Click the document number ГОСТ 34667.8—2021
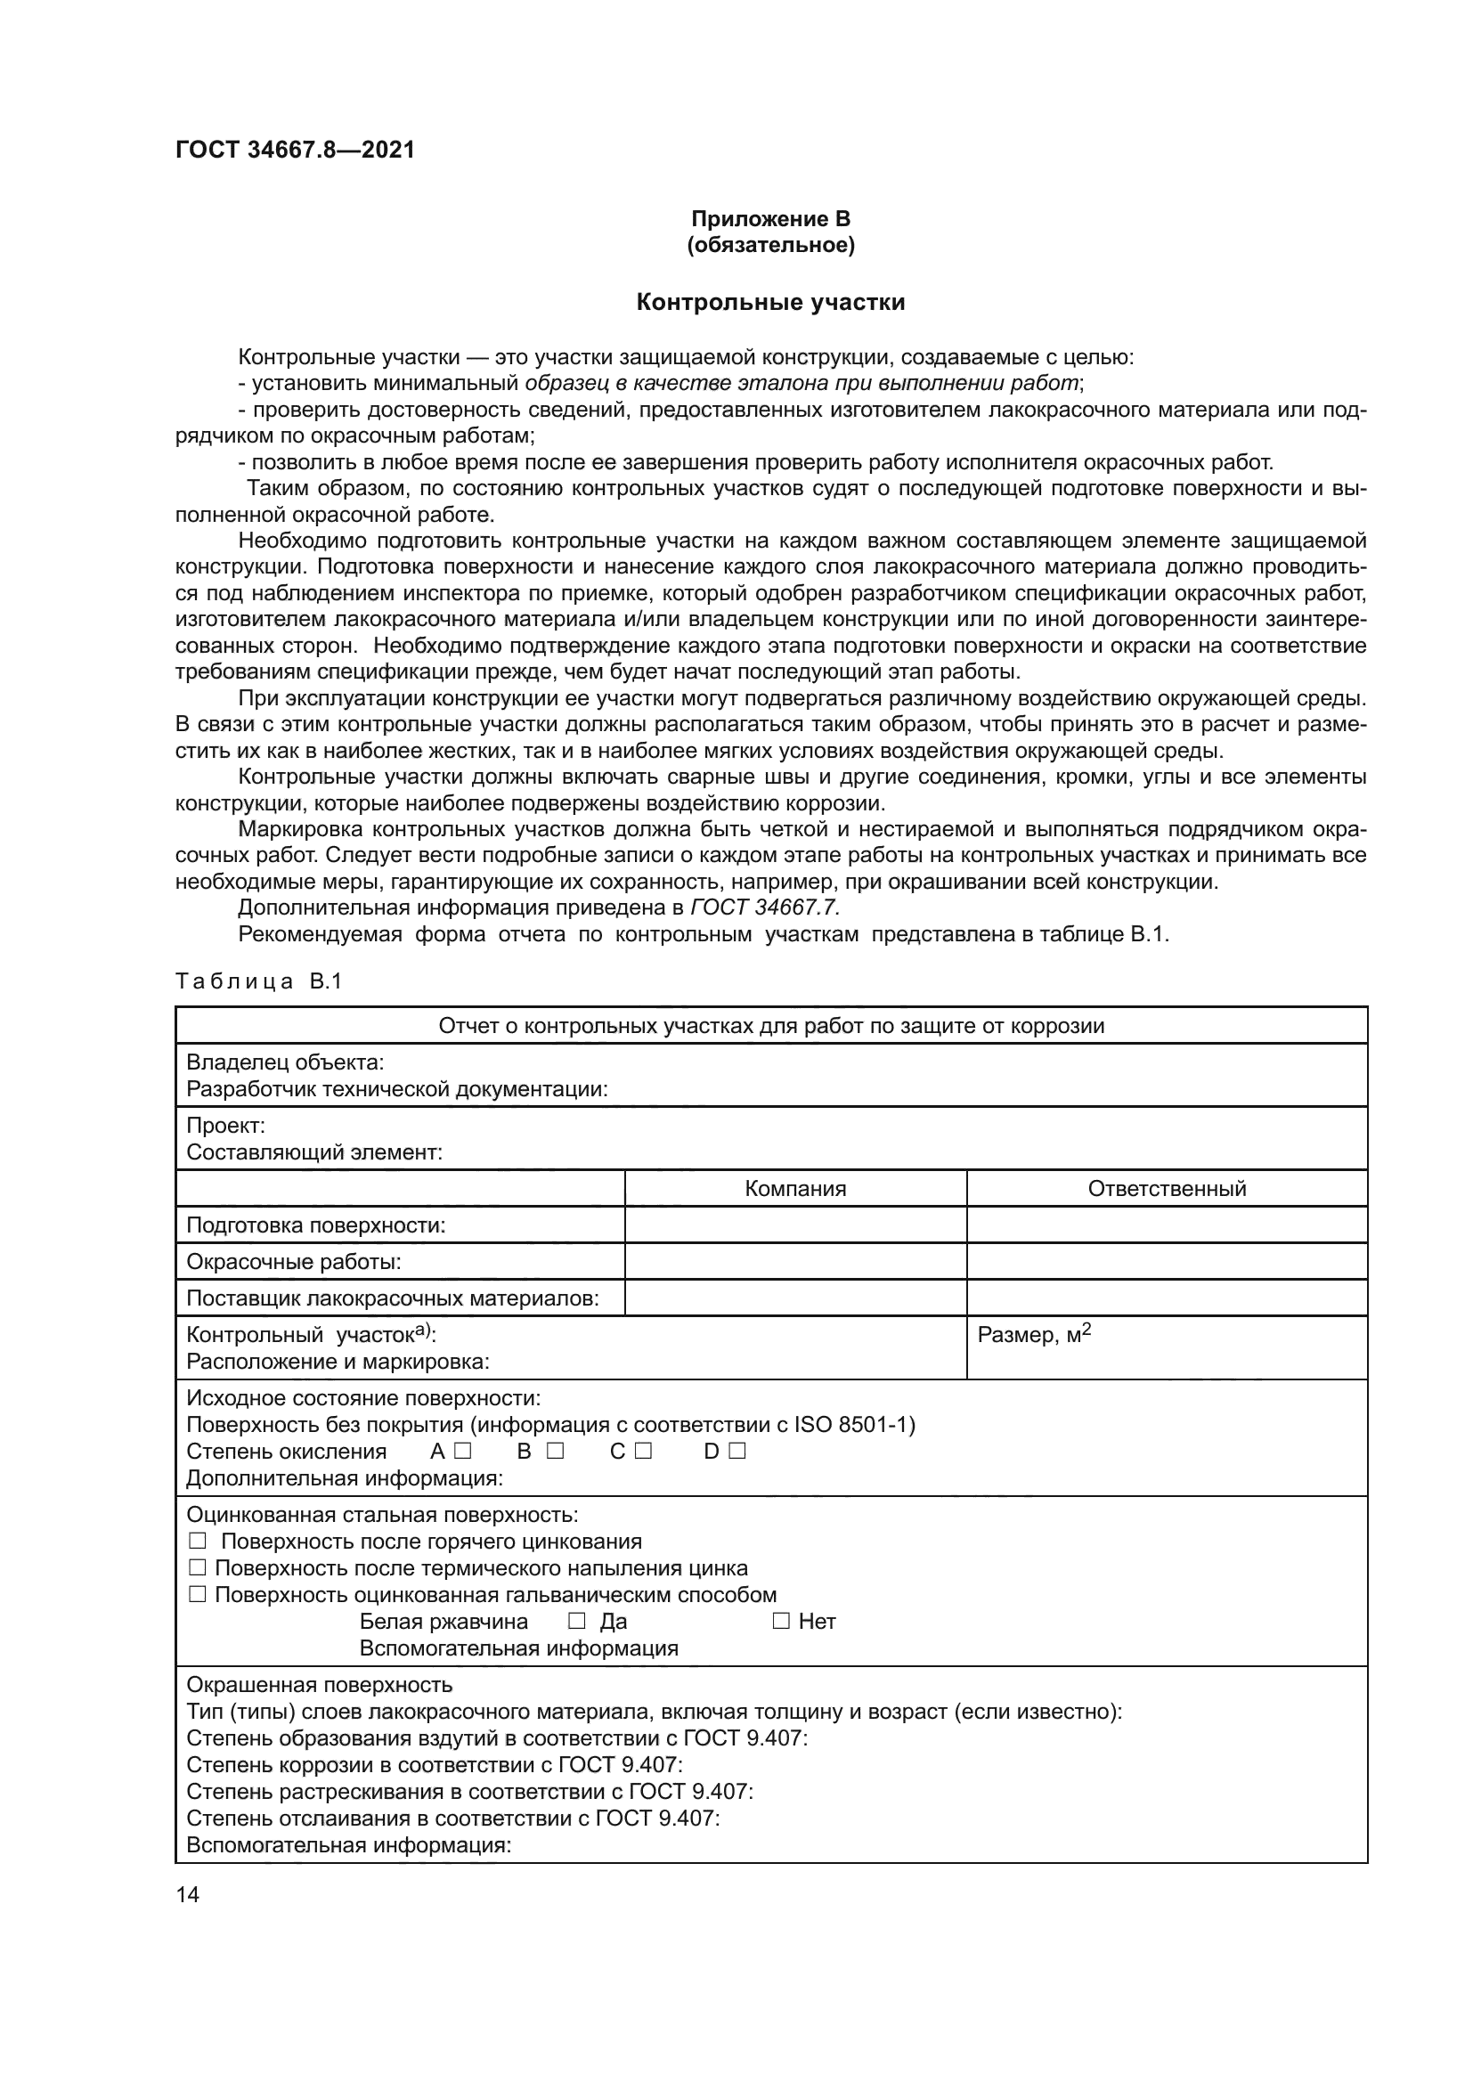(x=295, y=150)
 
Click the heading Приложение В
(x=770, y=219)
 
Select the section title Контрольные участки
(x=770, y=302)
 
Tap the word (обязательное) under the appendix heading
(x=770, y=245)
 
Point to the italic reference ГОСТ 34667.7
(x=765, y=908)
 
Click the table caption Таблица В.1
(x=258, y=981)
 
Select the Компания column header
(x=795, y=1190)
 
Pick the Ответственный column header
(x=1167, y=1190)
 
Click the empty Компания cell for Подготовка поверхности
(x=795, y=1225)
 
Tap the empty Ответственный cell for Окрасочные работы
(x=1167, y=1262)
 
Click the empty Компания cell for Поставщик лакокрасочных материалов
(x=795, y=1298)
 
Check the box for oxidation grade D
(x=736, y=1452)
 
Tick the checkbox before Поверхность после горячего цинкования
(x=198, y=1542)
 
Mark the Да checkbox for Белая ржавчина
(x=576, y=1621)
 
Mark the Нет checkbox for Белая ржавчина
(x=781, y=1621)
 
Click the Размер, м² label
(x=1034, y=1335)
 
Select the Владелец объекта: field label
(x=285, y=1062)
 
